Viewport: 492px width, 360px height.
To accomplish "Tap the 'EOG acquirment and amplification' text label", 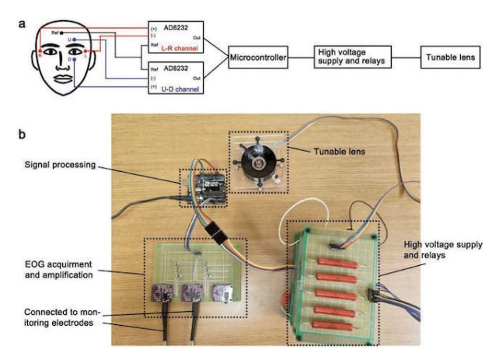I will click(66, 270).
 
